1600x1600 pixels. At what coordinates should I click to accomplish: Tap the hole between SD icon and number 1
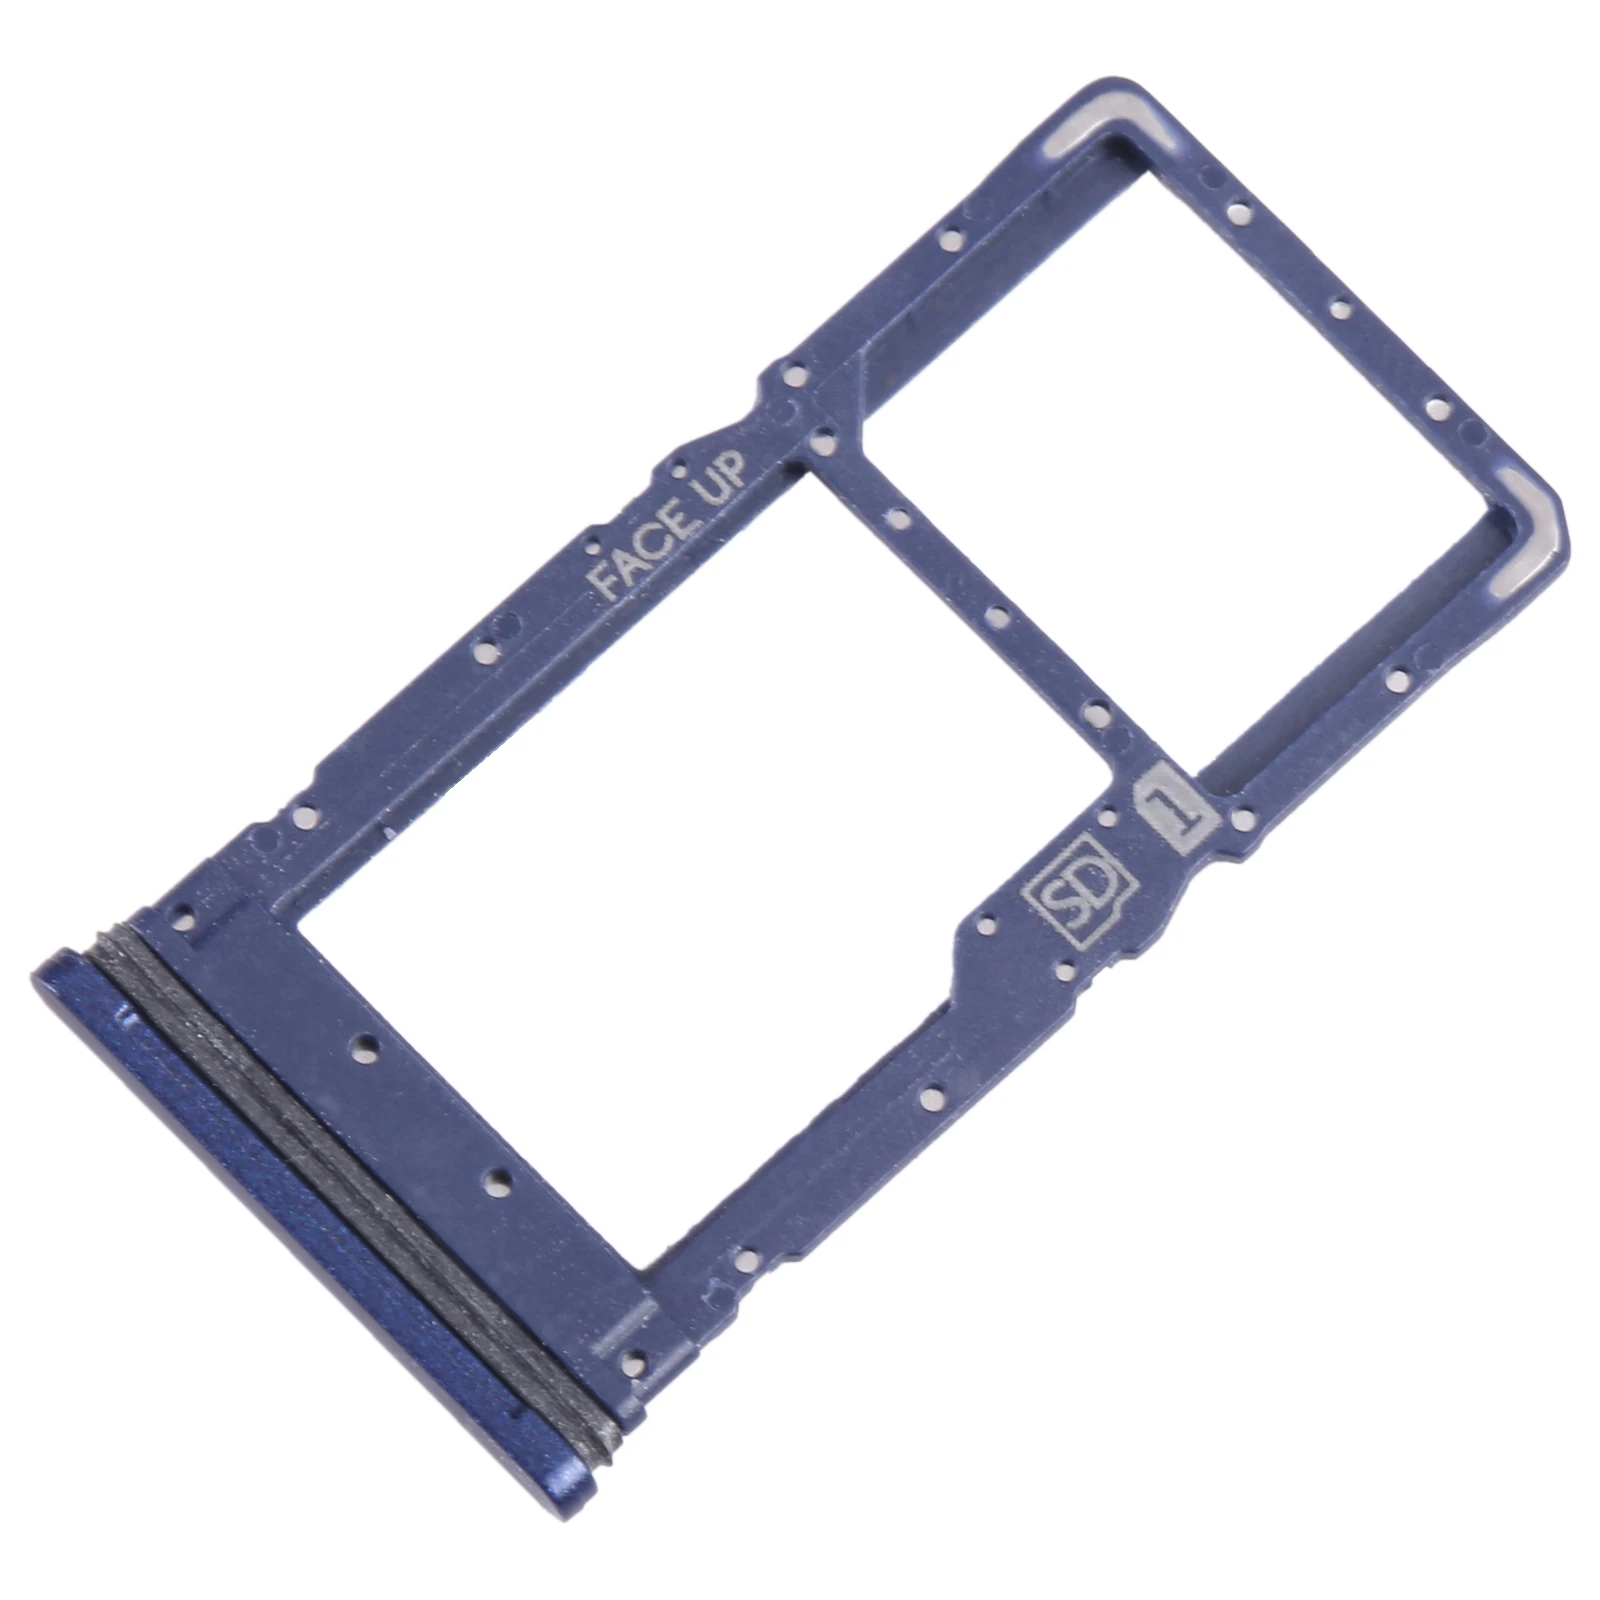coord(1107,819)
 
